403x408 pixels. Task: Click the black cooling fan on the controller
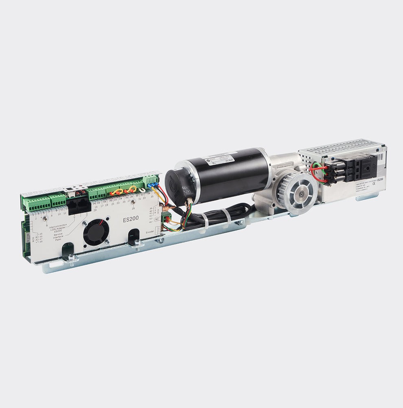pyautogui.click(x=96, y=232)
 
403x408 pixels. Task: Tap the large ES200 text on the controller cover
pyautogui.click(x=131, y=218)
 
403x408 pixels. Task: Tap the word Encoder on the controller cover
pyautogui.click(x=150, y=231)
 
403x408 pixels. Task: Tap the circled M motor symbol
pyautogui.click(x=155, y=220)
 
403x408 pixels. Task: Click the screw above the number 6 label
pyautogui.click(x=46, y=218)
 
